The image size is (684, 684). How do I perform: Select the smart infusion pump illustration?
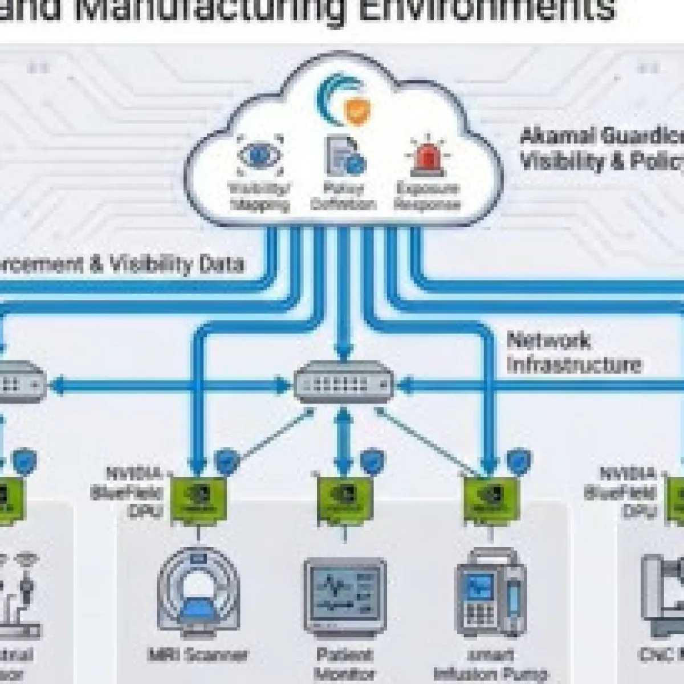pyautogui.click(x=489, y=593)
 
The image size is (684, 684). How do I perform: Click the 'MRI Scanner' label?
pyautogui.click(x=197, y=654)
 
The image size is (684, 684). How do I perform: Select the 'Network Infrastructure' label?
pyautogui.click(x=573, y=353)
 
